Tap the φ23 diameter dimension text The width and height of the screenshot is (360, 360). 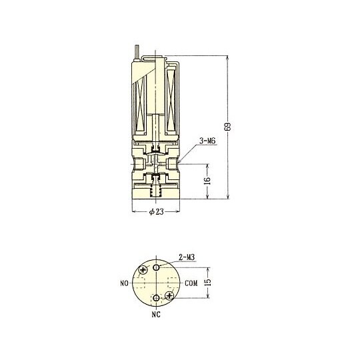coord(154,212)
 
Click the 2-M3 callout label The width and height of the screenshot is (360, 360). coord(187,255)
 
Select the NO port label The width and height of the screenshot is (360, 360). coord(124,283)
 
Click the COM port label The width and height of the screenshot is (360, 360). coord(192,283)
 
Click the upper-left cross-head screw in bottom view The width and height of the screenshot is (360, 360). coord(143,271)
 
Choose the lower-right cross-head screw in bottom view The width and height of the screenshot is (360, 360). coord(170,295)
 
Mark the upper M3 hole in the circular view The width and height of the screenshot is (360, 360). coord(157,267)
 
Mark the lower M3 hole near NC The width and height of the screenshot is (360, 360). coord(157,297)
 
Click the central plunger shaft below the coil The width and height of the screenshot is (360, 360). coord(155,127)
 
